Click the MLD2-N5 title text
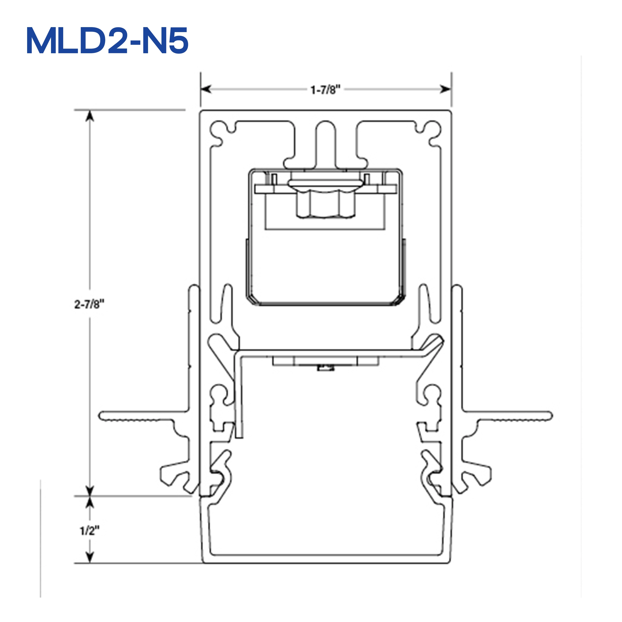[107, 41]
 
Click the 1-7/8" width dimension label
[325, 90]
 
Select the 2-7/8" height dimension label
[89, 304]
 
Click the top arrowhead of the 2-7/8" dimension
[90, 116]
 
